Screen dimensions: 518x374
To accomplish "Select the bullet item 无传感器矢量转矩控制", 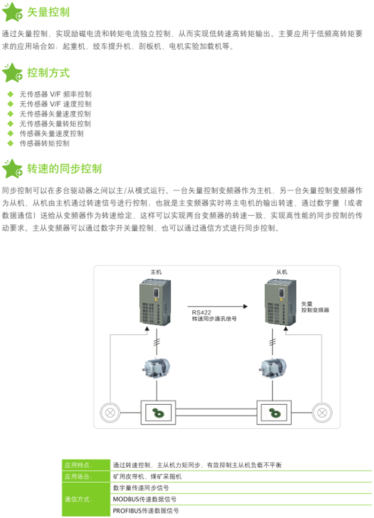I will (55, 123).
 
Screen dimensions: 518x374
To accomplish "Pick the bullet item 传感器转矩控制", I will (44, 143).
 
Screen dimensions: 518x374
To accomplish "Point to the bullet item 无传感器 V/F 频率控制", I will (55, 94).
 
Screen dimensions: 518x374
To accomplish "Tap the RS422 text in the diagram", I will (202, 312).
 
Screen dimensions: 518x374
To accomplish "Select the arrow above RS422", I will (220, 306).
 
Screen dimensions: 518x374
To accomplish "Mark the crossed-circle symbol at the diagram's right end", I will (322, 412).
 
